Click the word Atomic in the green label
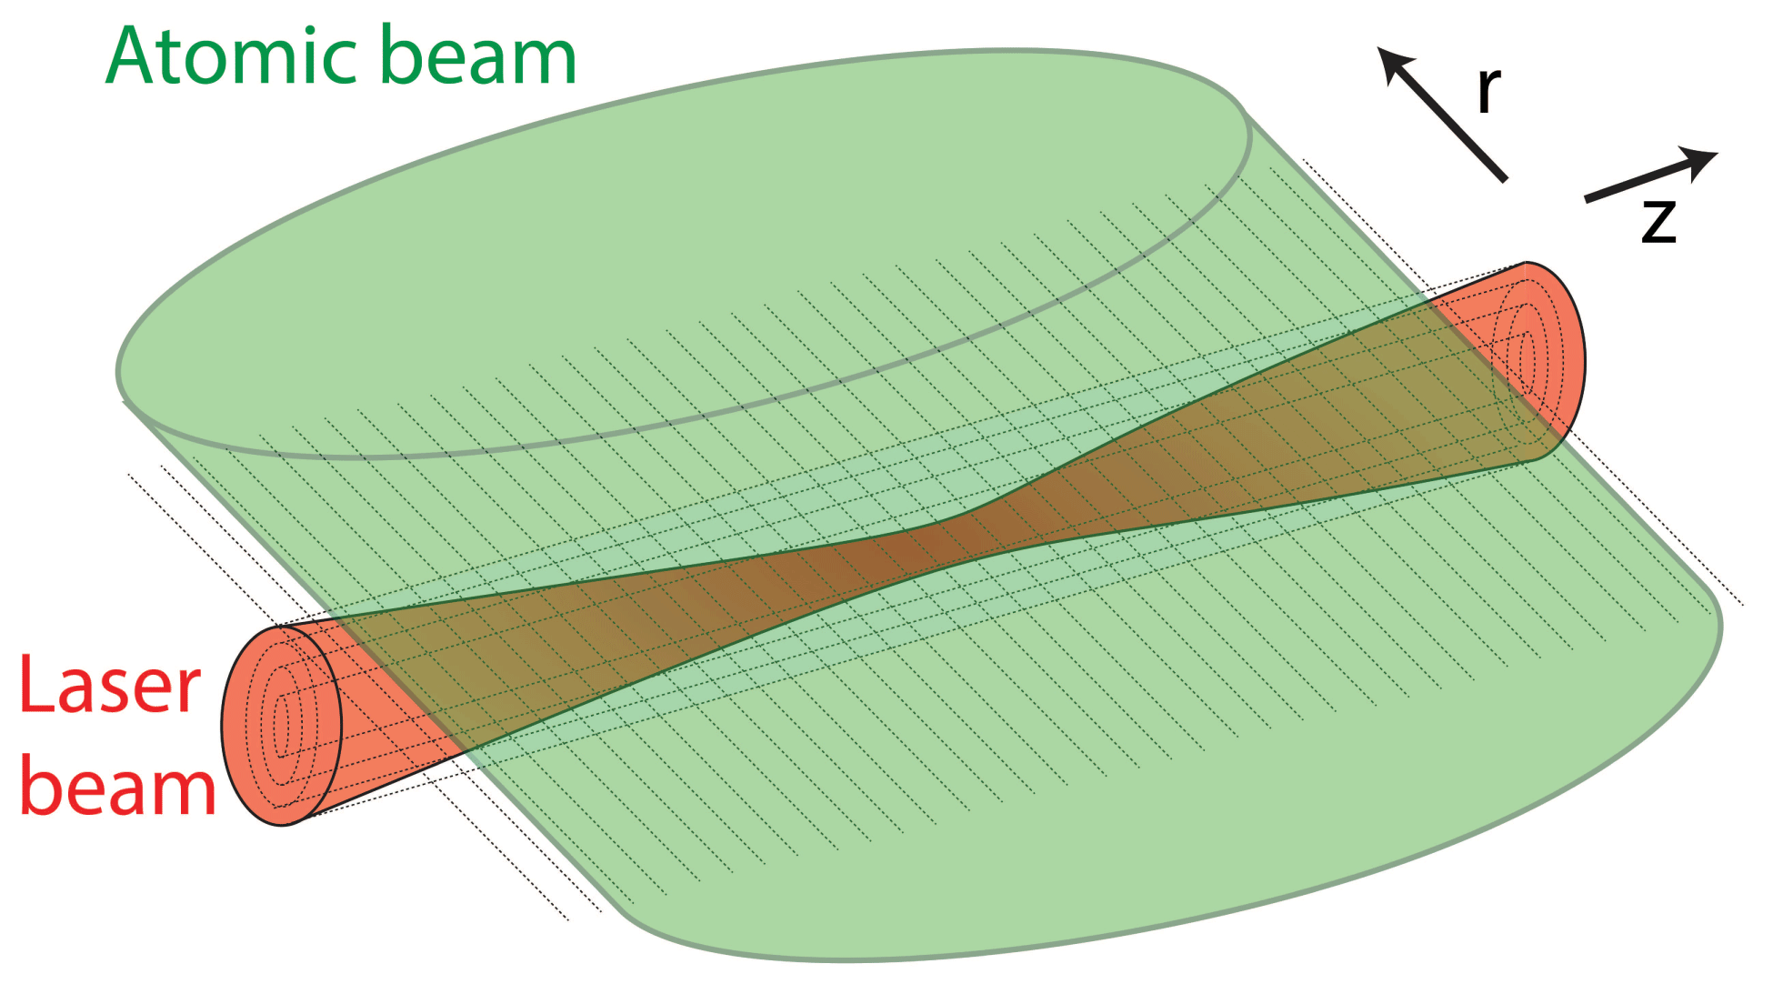[232, 56]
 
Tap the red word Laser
[109, 685]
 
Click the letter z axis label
[1658, 222]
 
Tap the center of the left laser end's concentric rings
[281, 725]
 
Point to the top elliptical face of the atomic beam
[682, 246]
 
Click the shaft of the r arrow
[1455, 127]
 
